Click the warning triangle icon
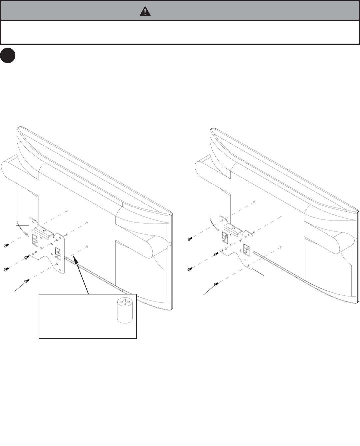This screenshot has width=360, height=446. [145, 12]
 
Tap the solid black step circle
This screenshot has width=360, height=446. [8, 55]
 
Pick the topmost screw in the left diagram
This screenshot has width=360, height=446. [6, 245]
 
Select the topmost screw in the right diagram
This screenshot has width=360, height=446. [189, 239]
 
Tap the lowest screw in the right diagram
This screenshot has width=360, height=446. [215, 284]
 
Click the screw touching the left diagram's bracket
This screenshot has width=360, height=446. [27, 257]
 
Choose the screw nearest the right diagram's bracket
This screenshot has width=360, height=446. [216, 254]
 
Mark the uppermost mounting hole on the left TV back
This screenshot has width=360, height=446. [67, 211]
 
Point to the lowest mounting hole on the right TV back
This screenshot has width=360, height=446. [281, 247]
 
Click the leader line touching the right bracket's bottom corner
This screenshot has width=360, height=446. [259, 271]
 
